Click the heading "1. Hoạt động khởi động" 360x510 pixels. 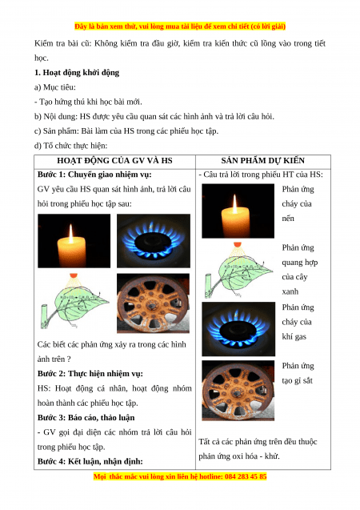pyautogui.click(x=77, y=73)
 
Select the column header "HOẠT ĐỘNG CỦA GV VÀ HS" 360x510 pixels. pyautogui.click(x=114, y=161)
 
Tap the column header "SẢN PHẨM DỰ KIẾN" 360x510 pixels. pyautogui.click(x=263, y=161)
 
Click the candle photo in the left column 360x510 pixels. pyautogui.click(x=74, y=241)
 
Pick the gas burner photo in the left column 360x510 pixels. pyautogui.click(x=154, y=241)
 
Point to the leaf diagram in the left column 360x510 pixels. pyautogui.click(x=74, y=301)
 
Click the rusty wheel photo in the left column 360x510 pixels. pyautogui.click(x=153, y=303)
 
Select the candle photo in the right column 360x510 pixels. pyautogui.click(x=238, y=211)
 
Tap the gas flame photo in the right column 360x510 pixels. pyautogui.click(x=238, y=329)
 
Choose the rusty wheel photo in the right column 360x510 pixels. pyautogui.click(x=238, y=391)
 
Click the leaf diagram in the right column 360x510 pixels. pyautogui.click(x=239, y=270)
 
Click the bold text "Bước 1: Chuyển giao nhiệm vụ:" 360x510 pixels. pyautogui.click(x=94, y=175)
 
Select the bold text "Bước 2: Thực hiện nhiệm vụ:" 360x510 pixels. pyautogui.click(x=90, y=374)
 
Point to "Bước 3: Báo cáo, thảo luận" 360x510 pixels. pyautogui.click(x=86, y=418)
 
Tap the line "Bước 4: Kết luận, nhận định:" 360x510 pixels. pyautogui.click(x=90, y=461)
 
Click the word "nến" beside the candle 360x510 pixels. pyautogui.click(x=288, y=219)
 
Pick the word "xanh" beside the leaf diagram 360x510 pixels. pyautogui.click(x=290, y=291)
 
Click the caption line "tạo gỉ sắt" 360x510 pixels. pyautogui.click(x=297, y=380)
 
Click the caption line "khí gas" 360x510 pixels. pyautogui.click(x=294, y=336)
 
